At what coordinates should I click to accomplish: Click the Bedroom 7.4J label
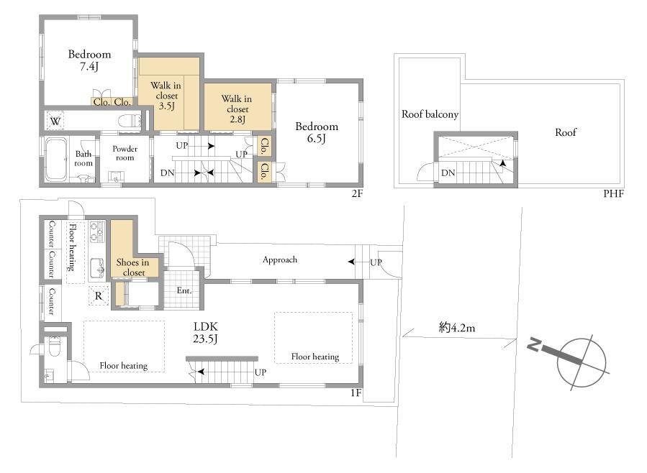[x=89, y=60]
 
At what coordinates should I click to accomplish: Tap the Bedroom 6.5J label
[x=317, y=132]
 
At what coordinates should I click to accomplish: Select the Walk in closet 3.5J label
[x=166, y=96]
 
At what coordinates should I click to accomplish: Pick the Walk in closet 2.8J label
[x=237, y=109]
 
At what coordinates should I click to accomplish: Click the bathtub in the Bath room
[x=55, y=160]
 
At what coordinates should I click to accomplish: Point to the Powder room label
[x=125, y=153]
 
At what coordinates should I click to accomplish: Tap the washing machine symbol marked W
[x=55, y=121]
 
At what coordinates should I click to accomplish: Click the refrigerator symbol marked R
[x=98, y=296]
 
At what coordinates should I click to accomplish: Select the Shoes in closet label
[x=133, y=267]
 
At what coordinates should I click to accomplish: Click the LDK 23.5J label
[x=206, y=333]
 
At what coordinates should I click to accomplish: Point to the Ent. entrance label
[x=184, y=290]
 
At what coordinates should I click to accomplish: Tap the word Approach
[x=280, y=260]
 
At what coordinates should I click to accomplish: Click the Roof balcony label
[x=430, y=114]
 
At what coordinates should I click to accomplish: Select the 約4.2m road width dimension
[x=457, y=328]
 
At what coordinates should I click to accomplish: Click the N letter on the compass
[x=534, y=344]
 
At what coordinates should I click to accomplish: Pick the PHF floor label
[x=613, y=193]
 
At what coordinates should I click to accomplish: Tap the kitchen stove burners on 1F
[x=97, y=231]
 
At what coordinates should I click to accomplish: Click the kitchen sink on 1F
[x=98, y=267]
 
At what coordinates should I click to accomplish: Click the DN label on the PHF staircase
[x=448, y=173]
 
